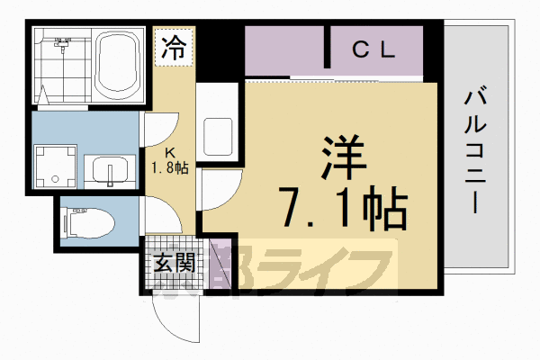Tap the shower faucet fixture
(63, 43)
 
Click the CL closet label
(373, 51)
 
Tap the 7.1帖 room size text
(343, 210)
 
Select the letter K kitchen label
(170, 152)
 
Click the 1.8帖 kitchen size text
(170, 167)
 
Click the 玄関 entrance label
(174, 264)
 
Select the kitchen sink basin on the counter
(219, 135)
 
